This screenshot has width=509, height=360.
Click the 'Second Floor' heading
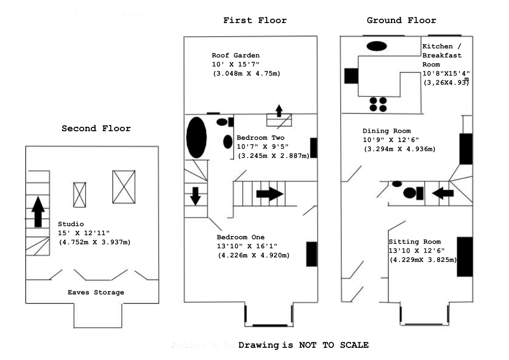(96, 129)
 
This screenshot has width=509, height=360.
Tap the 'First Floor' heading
(255, 21)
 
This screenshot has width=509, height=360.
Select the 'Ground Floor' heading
(401, 21)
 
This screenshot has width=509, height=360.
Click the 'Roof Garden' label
(235, 55)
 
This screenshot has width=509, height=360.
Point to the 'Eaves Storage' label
(96, 292)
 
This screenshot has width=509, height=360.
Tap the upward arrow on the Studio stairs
(38, 210)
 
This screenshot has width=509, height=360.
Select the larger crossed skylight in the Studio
(123, 187)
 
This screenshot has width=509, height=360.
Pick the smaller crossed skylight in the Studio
(80, 195)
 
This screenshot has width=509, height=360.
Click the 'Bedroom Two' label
(260, 138)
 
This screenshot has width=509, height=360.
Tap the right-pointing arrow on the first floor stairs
(270, 193)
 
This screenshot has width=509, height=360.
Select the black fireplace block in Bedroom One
(311, 254)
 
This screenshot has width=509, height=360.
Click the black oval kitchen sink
(376, 46)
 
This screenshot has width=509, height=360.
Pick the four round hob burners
(378, 104)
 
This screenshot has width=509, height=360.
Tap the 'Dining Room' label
(386, 131)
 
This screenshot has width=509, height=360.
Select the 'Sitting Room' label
(415, 242)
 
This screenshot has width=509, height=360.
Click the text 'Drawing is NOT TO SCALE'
(303, 345)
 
